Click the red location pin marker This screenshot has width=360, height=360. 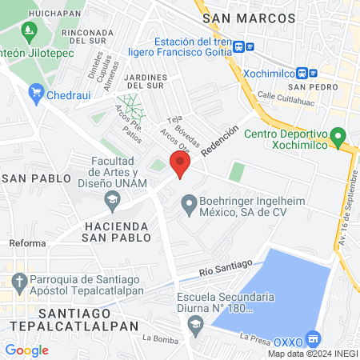(180, 166)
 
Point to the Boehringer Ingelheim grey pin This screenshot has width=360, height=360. (189, 206)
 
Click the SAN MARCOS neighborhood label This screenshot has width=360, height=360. (248, 18)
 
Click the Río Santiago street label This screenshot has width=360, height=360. (226, 266)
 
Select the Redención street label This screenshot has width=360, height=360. (220, 141)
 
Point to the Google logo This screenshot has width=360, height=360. (26, 350)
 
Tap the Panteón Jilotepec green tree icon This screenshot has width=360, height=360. (30, 33)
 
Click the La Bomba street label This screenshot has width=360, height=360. (160, 338)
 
